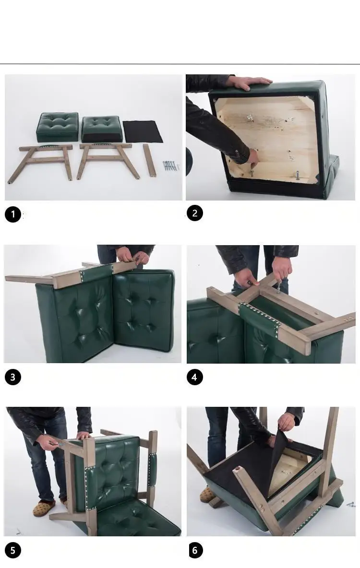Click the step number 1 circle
(x=13, y=214)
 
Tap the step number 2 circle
(x=195, y=213)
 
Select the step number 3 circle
(x=13, y=377)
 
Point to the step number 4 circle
(x=195, y=377)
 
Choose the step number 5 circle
(x=13, y=551)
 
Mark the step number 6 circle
(x=195, y=551)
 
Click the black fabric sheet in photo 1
(x=143, y=131)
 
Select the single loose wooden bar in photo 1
(x=149, y=160)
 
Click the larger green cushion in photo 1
(x=57, y=127)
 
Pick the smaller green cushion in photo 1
(x=101, y=129)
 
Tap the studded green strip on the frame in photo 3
(x=97, y=273)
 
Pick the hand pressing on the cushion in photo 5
(x=84, y=435)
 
